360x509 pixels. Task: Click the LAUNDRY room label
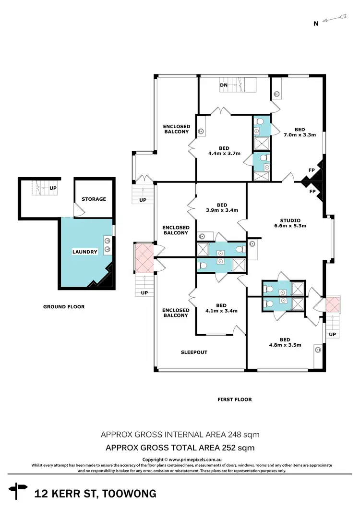tap(84, 252)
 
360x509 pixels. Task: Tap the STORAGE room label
tap(94, 199)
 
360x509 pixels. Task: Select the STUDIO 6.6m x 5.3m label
tap(289, 222)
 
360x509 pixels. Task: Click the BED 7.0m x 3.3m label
tap(299, 132)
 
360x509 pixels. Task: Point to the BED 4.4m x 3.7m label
tap(224, 151)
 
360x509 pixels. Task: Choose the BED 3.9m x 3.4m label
tap(221, 207)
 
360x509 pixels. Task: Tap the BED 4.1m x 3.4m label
tap(221, 308)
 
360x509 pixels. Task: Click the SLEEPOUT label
tap(194, 352)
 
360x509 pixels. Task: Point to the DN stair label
tap(224, 85)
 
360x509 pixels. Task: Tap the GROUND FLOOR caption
tap(63, 307)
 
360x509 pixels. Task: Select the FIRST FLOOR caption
tap(235, 399)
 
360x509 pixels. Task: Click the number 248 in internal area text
tap(235, 435)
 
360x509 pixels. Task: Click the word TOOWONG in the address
tap(131, 493)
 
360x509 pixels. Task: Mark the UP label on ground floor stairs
tap(52, 188)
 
